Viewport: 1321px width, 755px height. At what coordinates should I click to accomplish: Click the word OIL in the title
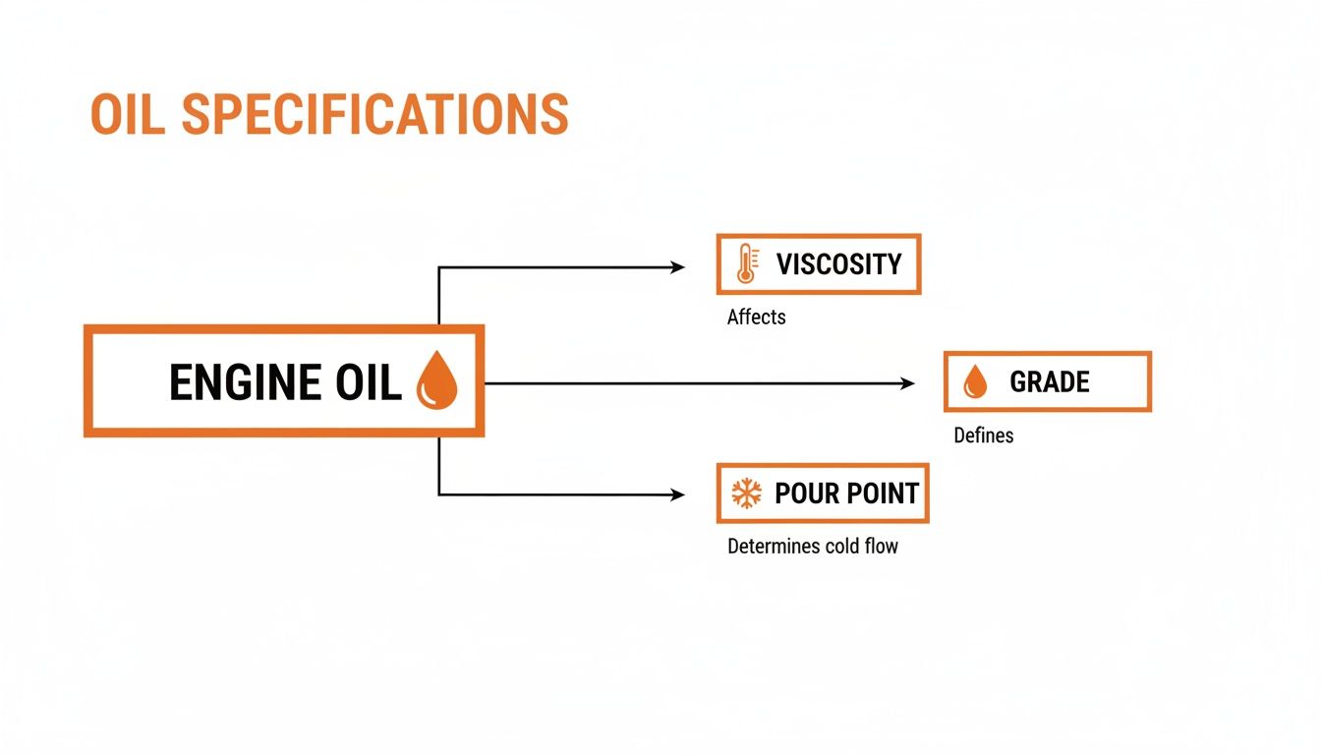[128, 114]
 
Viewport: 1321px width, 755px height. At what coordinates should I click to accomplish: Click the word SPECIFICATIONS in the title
[375, 114]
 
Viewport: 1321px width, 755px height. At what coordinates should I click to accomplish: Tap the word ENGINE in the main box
[245, 382]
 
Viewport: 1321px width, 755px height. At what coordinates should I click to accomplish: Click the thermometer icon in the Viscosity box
[747, 263]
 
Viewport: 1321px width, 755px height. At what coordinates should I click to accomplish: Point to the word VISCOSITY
[838, 263]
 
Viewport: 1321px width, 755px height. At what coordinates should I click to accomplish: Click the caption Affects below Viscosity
[756, 317]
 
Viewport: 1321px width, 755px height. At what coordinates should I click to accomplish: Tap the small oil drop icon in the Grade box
[975, 381]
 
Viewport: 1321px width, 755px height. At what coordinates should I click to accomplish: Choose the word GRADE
[1049, 381]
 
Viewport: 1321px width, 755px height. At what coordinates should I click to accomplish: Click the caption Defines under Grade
[983, 436]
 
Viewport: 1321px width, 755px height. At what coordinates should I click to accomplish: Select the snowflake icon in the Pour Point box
[747, 494]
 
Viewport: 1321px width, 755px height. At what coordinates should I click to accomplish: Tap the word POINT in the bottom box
[884, 494]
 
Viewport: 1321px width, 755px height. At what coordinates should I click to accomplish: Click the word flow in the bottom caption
[881, 547]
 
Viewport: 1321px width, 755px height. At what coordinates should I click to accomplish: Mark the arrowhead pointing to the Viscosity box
[677, 267]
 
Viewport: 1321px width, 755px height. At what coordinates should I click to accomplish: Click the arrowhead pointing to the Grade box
[907, 383]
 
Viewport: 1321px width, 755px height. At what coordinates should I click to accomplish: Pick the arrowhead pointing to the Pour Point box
[677, 494]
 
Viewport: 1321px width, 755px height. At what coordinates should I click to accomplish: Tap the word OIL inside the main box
[369, 382]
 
